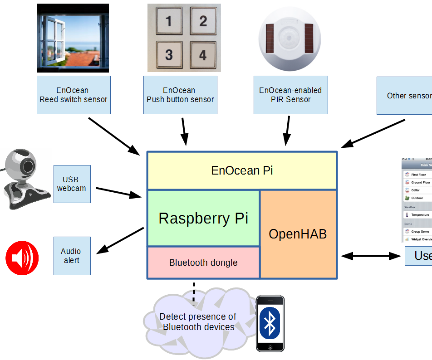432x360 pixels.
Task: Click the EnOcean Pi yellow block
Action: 242,170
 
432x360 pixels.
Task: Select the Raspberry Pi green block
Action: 203,218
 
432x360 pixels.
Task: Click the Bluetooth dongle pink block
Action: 203,263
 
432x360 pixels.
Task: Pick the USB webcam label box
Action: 72,184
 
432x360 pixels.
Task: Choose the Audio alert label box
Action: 72,256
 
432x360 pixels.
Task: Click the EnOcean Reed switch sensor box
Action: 74,95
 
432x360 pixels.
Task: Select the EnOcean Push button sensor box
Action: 180,95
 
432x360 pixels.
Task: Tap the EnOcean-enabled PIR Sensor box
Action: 290,95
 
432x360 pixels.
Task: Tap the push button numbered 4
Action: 203,55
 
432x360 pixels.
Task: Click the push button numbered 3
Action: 169,55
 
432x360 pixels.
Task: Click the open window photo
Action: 73,38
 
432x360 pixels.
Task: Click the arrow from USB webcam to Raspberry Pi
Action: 119,192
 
